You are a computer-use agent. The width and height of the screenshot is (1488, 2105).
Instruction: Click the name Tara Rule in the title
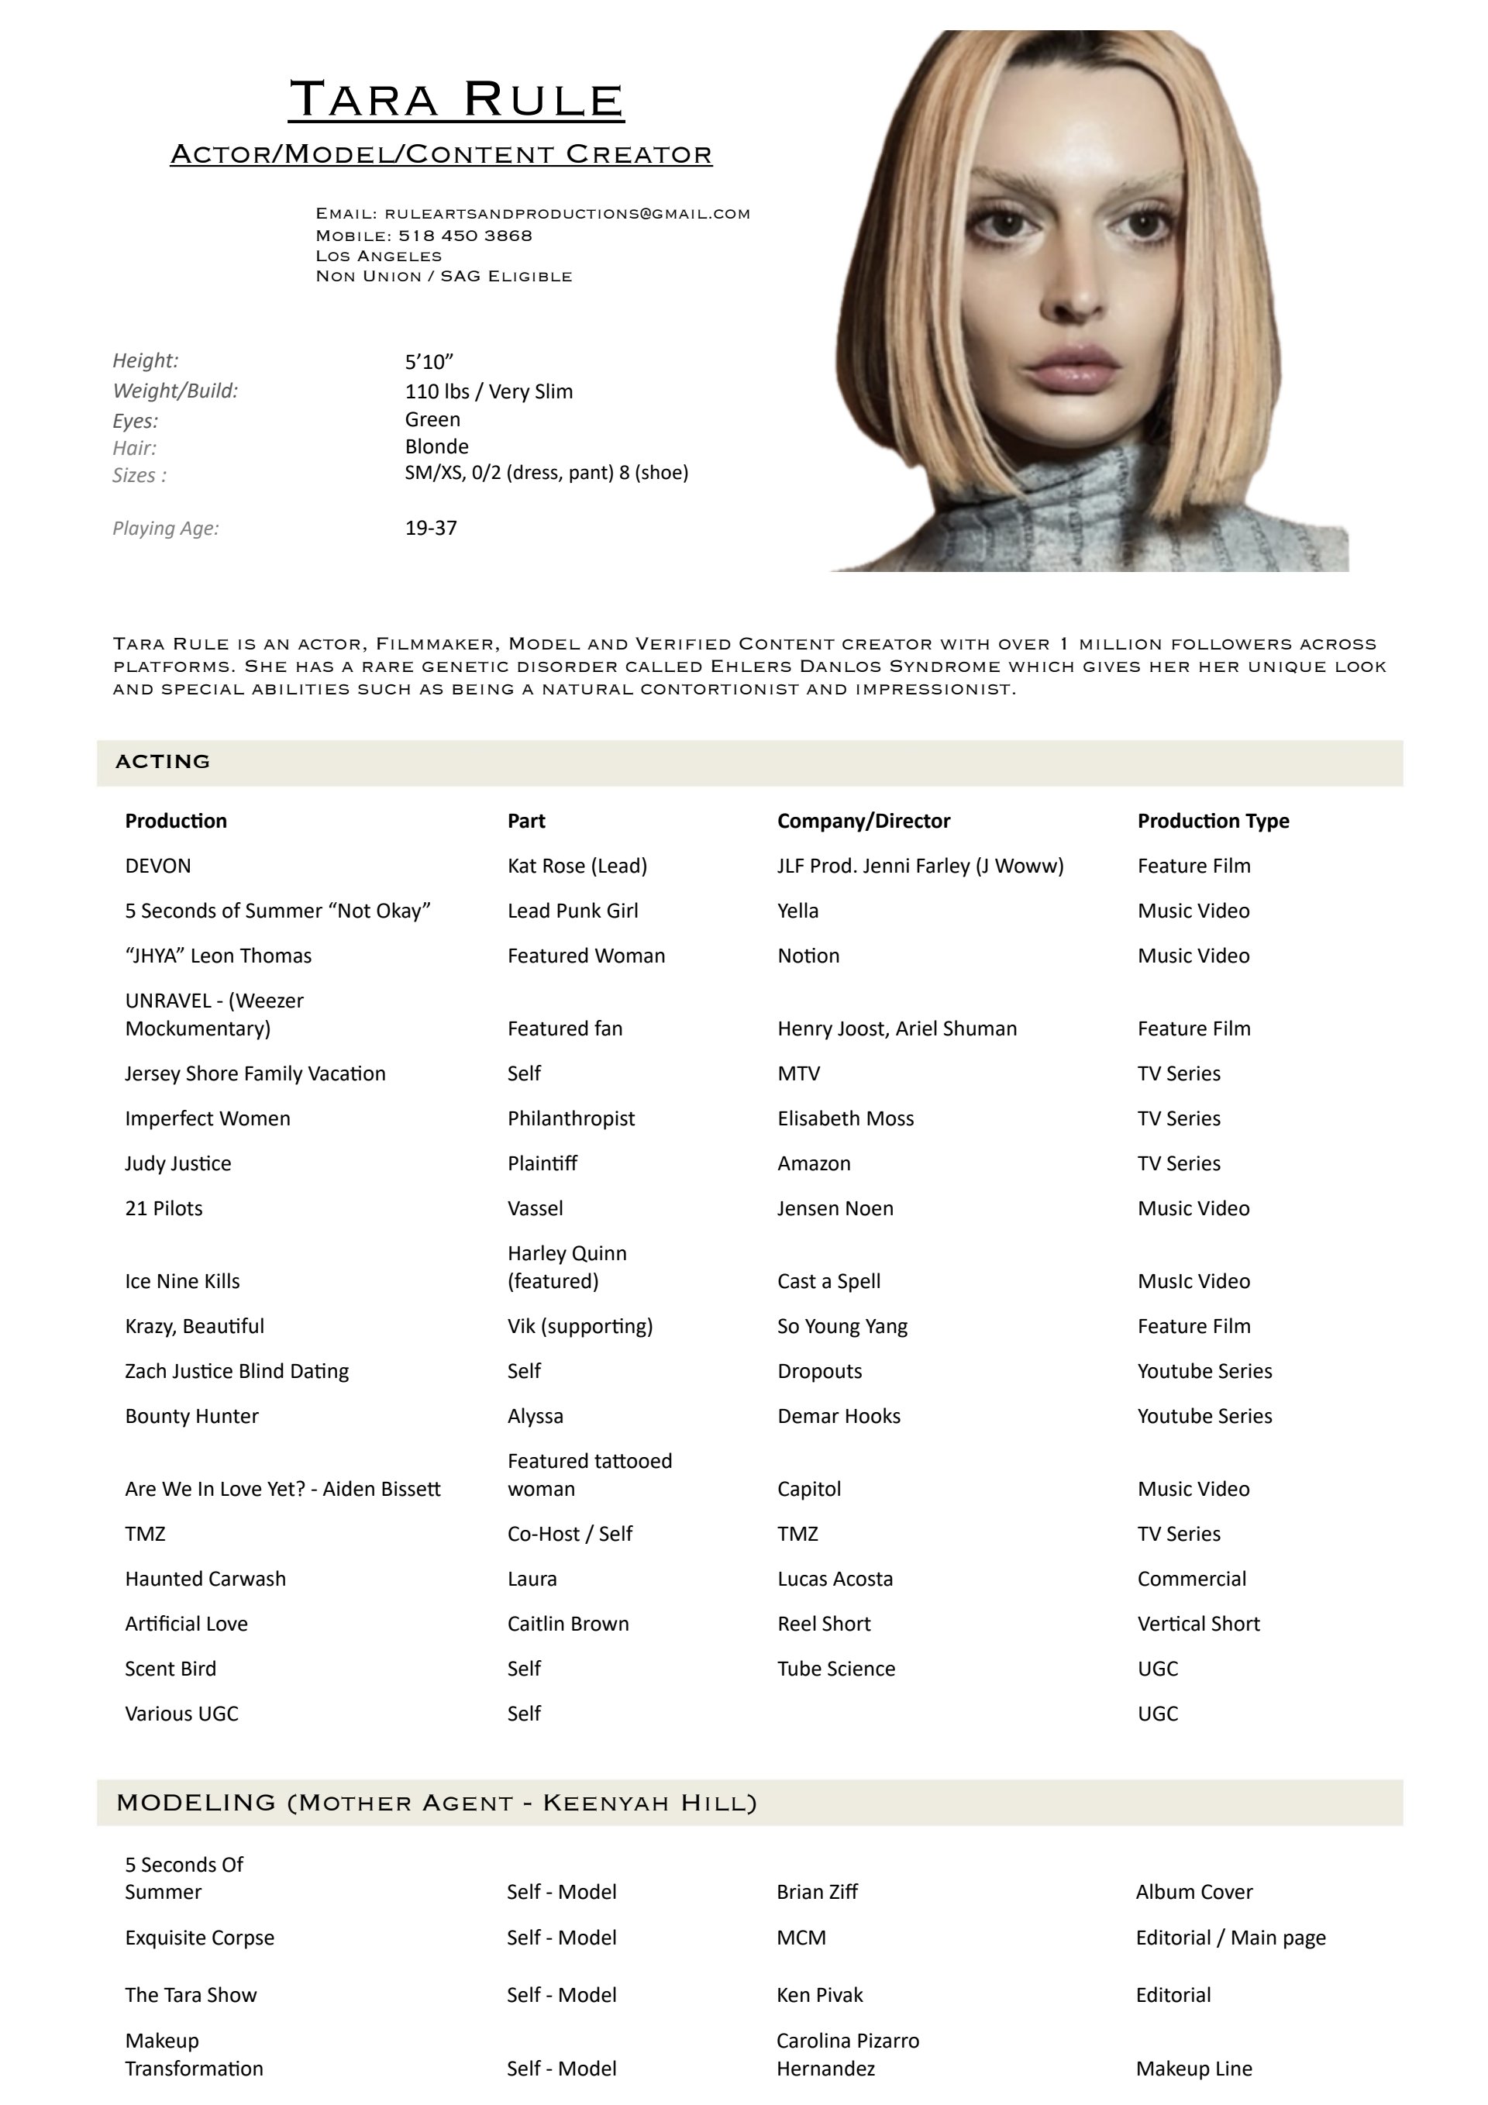pos(456,99)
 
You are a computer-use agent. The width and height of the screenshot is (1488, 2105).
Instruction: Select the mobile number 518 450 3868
pos(465,236)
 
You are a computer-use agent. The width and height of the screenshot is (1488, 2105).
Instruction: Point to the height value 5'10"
pos(429,362)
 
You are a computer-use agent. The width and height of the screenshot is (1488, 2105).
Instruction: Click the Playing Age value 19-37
pos(431,528)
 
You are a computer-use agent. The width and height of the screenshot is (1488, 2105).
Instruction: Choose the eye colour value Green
pos(432,420)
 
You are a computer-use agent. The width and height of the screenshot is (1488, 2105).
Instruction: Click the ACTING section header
pos(164,762)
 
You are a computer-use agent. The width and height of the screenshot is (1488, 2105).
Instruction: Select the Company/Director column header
pos(863,822)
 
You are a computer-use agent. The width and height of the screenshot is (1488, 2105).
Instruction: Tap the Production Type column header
pos(1212,822)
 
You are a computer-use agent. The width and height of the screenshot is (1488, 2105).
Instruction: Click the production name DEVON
pos(157,866)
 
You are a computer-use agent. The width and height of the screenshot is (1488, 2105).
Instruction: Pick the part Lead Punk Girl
pos(572,911)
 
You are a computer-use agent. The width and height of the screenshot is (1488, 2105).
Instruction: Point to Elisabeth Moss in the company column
pos(845,1118)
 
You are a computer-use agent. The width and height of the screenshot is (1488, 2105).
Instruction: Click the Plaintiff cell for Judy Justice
pos(542,1163)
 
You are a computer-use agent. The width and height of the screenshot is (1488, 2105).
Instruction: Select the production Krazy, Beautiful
pos(195,1327)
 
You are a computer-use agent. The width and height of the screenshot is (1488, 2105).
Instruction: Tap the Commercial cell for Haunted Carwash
pos(1191,1579)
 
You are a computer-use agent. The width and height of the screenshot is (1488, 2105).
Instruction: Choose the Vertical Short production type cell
pos(1197,1624)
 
